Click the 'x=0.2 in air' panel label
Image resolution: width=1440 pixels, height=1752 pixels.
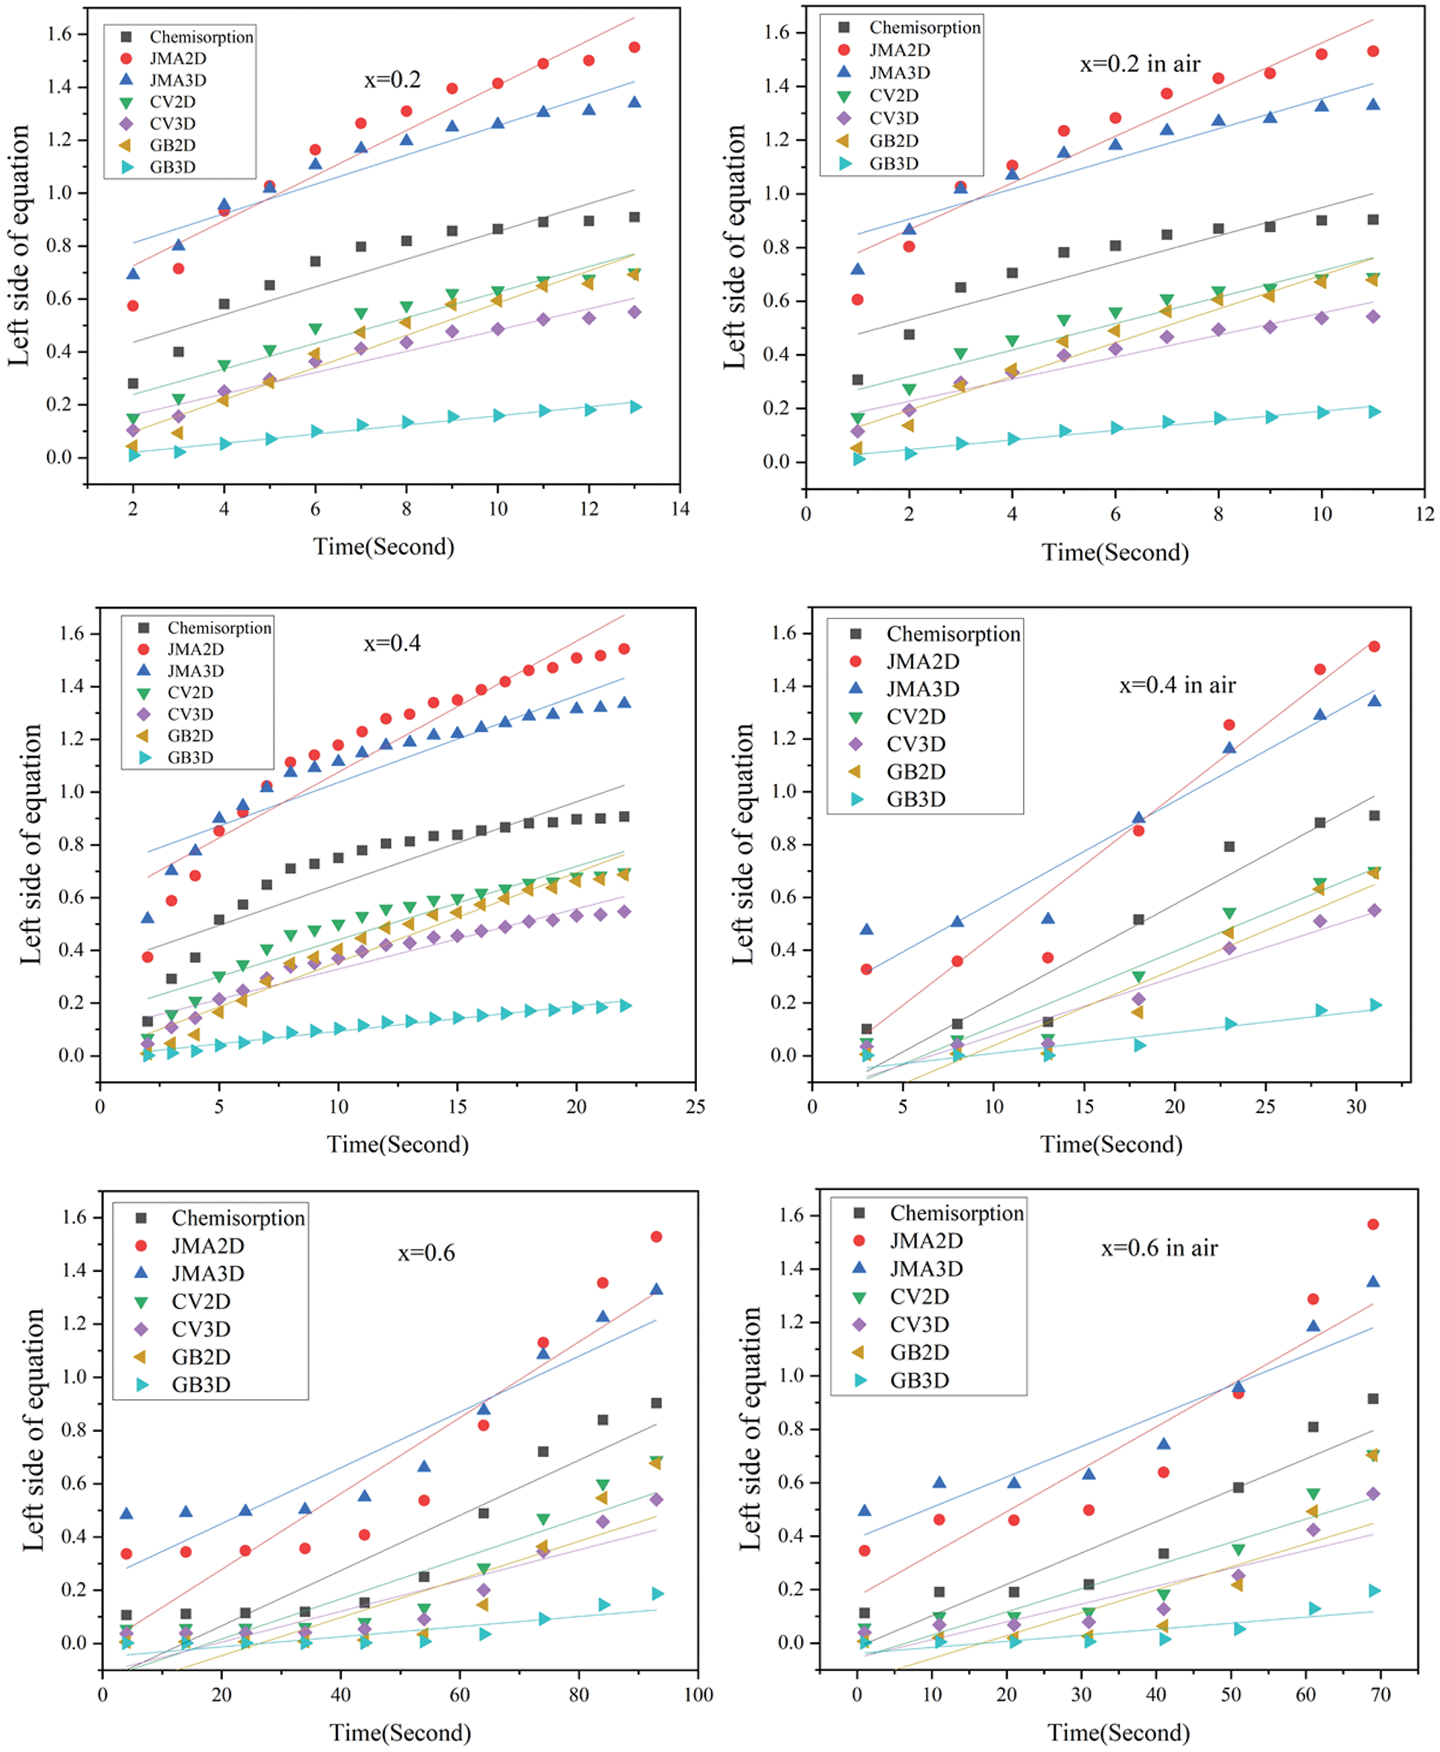point(1140,65)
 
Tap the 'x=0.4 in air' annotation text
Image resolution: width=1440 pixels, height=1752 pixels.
point(1177,685)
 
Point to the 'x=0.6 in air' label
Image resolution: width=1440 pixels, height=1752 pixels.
point(1159,1248)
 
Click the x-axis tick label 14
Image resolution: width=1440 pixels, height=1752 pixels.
point(680,508)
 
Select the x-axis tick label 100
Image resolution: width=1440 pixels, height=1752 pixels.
point(698,1694)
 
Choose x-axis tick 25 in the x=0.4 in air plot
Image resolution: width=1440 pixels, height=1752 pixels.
point(1265,1106)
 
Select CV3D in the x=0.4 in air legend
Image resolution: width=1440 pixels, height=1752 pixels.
point(915,744)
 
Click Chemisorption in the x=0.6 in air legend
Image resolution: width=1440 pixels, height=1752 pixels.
point(956,1213)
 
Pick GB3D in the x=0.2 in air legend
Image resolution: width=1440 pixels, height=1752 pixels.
point(893,163)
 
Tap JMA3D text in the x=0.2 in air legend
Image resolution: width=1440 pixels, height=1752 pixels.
point(899,73)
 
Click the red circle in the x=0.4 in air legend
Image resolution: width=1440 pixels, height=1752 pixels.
point(855,661)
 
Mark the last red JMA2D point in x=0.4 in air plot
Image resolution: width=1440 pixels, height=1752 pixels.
point(1374,646)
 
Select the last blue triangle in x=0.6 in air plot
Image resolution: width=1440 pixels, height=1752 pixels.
point(1373,1282)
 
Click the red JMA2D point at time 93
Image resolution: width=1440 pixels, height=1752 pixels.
point(656,1237)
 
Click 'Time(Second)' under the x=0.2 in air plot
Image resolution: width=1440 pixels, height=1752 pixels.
point(1115,553)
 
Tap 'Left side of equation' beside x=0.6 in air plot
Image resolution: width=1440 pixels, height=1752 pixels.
point(750,1429)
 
